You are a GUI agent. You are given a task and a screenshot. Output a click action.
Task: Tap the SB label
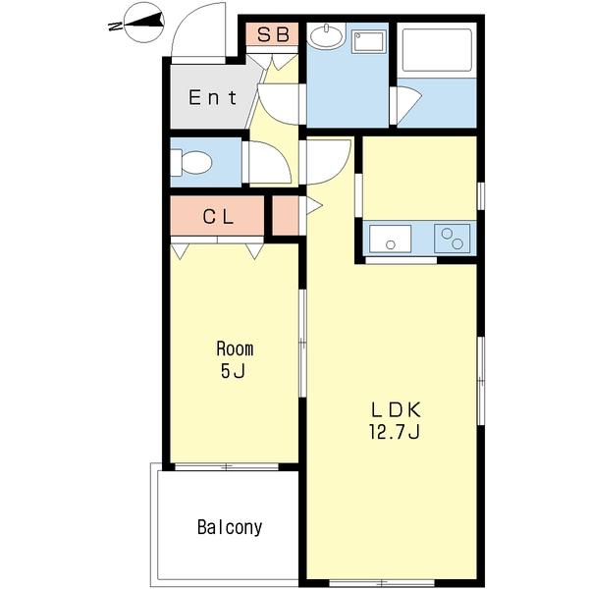273,34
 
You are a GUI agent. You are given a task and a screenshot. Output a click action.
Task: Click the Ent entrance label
213,97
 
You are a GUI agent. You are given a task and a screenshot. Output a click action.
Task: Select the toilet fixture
191,162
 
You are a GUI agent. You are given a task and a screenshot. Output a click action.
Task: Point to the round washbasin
326,36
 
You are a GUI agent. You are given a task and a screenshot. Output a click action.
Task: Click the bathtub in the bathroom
437,50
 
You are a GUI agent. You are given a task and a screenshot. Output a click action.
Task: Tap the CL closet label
218,216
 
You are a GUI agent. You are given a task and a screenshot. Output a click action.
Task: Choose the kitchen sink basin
391,239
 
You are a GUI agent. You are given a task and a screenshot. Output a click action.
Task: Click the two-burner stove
453,239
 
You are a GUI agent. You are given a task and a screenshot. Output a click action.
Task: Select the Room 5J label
235,359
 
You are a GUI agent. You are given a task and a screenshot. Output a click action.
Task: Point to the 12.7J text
395,432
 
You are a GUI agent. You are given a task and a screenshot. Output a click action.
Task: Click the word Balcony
230,527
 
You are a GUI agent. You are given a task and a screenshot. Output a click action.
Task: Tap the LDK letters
396,409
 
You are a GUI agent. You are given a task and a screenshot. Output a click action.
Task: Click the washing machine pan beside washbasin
368,41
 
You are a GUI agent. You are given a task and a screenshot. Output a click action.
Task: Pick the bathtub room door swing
407,106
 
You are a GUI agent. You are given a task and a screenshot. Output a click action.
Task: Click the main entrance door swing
198,33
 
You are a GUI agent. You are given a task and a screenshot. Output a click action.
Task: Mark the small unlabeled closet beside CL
285,216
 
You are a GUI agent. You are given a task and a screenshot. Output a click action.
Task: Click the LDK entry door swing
328,162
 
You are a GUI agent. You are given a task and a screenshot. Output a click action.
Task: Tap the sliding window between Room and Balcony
227,467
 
